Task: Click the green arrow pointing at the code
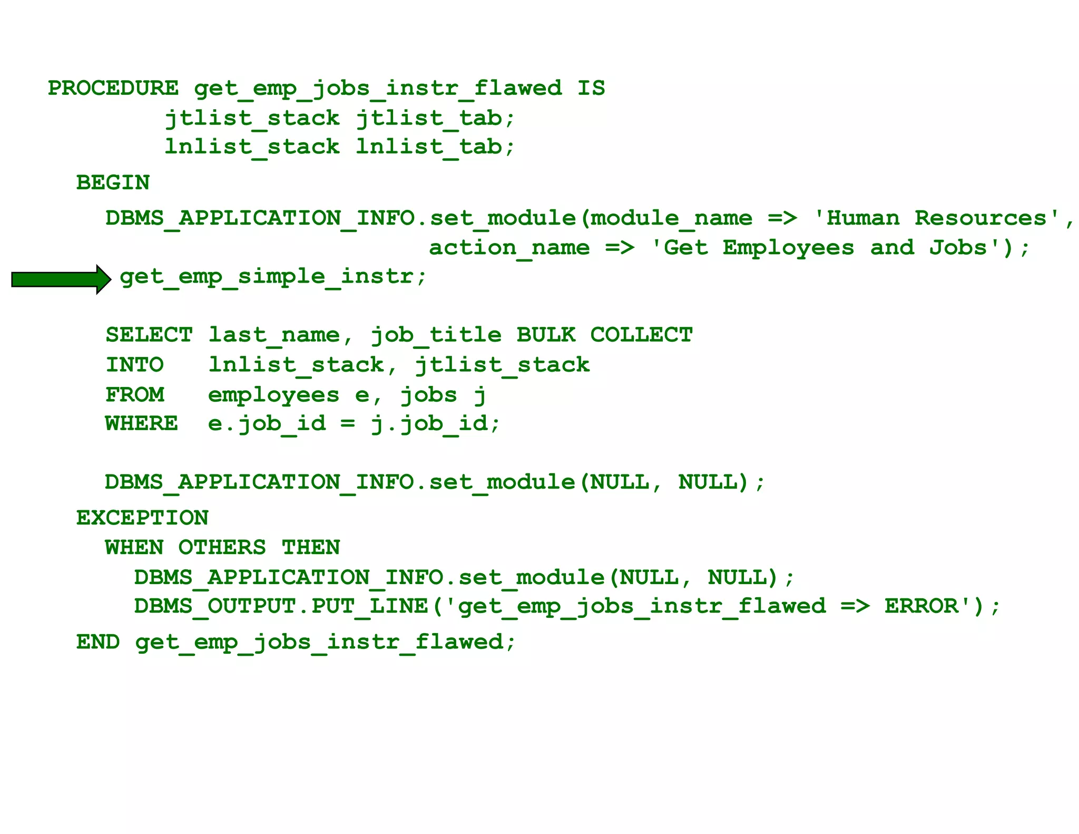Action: (61, 279)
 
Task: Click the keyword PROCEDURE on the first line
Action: (113, 88)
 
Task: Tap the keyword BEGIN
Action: (113, 183)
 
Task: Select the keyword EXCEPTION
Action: (142, 518)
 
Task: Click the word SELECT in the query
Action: (149, 335)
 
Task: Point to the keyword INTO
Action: (135, 365)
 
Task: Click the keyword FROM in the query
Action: (135, 394)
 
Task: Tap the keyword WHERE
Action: (142, 423)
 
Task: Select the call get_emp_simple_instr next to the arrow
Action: (273, 276)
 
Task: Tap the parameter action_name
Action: (509, 248)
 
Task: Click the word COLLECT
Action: (641, 335)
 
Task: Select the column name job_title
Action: (436, 335)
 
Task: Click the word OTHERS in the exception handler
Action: (222, 548)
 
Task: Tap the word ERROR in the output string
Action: (921, 606)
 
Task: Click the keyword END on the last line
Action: (98, 642)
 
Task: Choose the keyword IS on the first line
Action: (591, 88)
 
